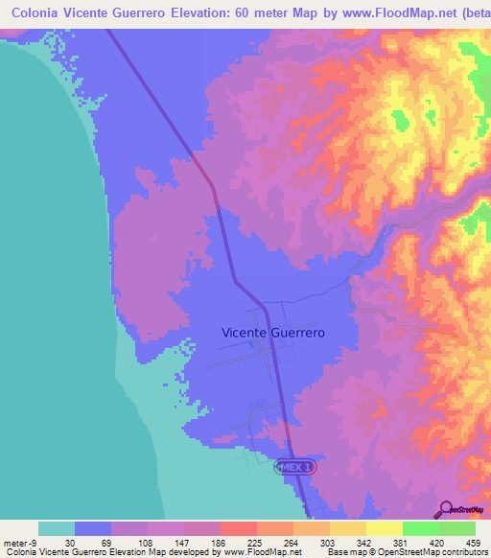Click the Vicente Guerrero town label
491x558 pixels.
coord(273,332)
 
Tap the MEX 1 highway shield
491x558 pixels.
coord(295,466)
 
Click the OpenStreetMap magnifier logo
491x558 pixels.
coord(445,509)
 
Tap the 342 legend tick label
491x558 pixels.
coord(366,542)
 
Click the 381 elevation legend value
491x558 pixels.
coord(403,542)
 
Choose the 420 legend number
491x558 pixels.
coord(439,542)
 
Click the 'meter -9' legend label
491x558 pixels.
coord(20,542)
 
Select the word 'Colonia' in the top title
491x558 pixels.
coord(41,14)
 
